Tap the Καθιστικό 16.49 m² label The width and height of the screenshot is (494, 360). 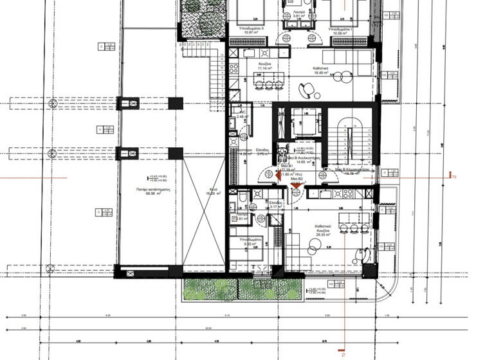tap(322, 72)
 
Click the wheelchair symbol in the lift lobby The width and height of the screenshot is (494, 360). tap(281, 153)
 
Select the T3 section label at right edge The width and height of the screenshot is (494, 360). tap(454, 176)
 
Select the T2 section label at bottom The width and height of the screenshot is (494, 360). tap(344, 352)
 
